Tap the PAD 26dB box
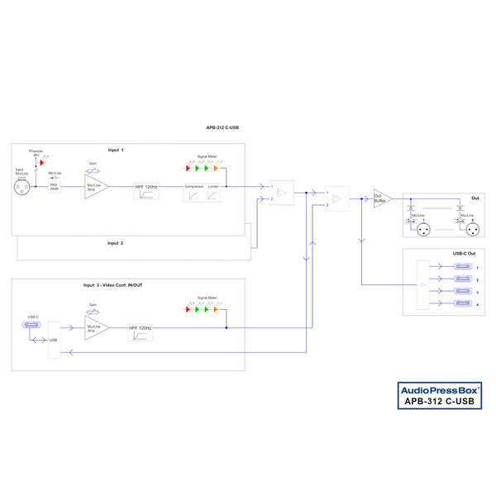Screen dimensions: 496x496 click(x=55, y=188)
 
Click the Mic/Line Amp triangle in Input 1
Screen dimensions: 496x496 click(x=95, y=187)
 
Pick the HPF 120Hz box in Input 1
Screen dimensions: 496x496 click(x=146, y=193)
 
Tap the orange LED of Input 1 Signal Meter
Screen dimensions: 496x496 click(x=215, y=169)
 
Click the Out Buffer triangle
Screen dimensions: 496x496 click(x=382, y=198)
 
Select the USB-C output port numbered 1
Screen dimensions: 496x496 click(x=464, y=267)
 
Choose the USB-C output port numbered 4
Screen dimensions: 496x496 click(x=464, y=307)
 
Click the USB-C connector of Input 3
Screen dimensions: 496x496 click(x=34, y=326)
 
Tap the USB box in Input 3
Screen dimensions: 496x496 click(x=55, y=340)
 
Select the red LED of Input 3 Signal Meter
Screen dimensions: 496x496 click(x=186, y=310)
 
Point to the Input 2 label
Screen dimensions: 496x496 click(x=115, y=244)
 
